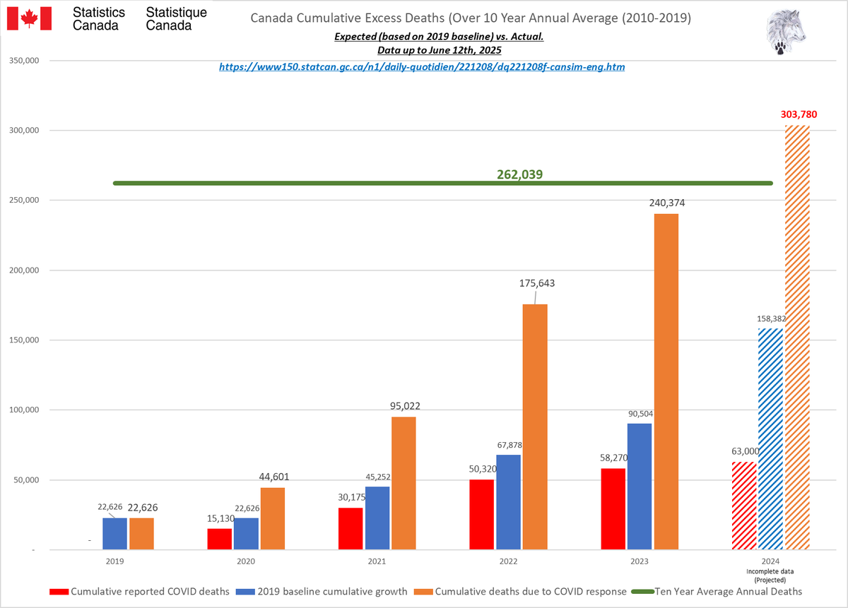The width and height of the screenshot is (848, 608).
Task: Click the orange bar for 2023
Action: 666,381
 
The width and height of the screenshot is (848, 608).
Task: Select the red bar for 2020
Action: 220,539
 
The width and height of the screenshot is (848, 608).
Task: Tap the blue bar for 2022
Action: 509,502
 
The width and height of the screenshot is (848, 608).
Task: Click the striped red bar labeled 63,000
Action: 744,506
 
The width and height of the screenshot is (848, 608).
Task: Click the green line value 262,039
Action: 519,174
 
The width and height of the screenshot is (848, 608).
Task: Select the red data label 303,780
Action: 798,113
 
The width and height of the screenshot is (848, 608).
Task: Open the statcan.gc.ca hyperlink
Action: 421,67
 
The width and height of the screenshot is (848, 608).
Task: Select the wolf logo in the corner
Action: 785,32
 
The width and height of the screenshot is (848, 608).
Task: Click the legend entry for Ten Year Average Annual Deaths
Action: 728,591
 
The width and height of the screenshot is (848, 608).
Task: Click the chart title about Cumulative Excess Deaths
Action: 471,17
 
